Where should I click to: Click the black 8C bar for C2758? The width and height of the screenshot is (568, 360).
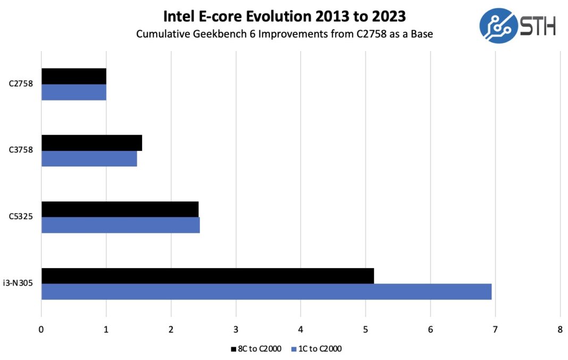[x=74, y=76]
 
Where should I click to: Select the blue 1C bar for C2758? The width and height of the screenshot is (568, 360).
[x=74, y=92]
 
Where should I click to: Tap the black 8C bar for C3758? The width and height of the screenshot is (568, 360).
[x=91, y=143]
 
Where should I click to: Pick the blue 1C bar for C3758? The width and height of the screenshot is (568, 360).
[x=89, y=158]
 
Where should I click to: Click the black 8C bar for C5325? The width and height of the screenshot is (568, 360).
[x=120, y=209]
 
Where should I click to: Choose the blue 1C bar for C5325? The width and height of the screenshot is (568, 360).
[x=121, y=225]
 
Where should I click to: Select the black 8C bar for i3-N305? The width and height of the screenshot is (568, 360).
[x=207, y=275]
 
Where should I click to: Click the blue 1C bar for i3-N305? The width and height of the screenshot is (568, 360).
[x=266, y=291]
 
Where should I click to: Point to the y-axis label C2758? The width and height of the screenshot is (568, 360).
[x=21, y=83]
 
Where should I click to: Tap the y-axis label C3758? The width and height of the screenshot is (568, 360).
[x=21, y=150]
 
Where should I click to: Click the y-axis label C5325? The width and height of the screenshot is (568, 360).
[x=21, y=216]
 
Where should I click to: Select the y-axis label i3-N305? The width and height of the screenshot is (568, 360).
[x=20, y=283]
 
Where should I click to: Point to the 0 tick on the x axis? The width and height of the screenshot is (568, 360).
[x=41, y=329]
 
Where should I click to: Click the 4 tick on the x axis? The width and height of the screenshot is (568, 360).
[x=300, y=329]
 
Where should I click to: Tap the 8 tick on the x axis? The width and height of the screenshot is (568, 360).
[x=559, y=329]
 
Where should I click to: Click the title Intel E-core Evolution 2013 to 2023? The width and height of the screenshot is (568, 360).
[x=284, y=16]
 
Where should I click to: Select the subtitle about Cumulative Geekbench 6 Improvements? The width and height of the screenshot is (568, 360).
[x=284, y=34]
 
